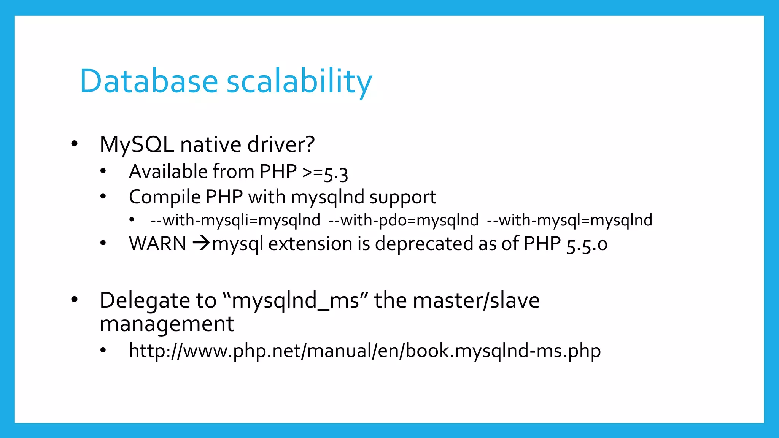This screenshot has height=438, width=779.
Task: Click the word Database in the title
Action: point(149,81)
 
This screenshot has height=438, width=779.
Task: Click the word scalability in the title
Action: point(299,82)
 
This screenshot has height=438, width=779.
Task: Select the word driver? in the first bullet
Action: point(281,144)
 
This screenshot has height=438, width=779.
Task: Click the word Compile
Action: point(165,197)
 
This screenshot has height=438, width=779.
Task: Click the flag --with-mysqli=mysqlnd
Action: point(235,220)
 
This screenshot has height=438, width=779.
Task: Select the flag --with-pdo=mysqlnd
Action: point(404,220)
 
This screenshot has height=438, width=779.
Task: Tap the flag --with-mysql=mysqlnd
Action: point(570,220)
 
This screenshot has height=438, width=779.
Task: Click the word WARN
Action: point(157,244)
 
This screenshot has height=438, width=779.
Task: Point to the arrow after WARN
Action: point(201,243)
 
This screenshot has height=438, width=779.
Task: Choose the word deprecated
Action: point(424,244)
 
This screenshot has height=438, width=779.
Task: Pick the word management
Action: point(167,324)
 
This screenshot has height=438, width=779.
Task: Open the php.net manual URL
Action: point(365,351)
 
